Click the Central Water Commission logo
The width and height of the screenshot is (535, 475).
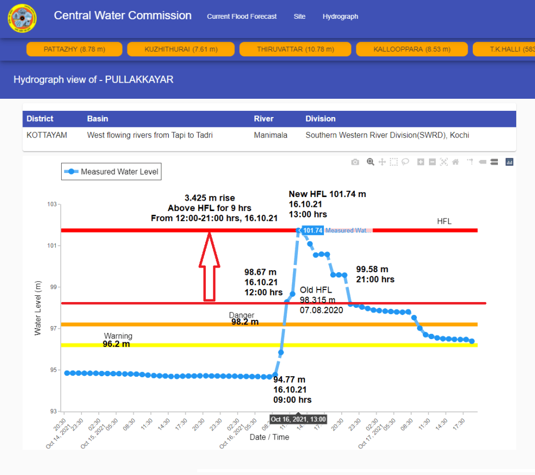22,18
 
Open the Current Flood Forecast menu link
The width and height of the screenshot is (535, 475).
242,17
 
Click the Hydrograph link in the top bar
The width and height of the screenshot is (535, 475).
340,17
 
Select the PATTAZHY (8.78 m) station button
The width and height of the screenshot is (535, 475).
74,49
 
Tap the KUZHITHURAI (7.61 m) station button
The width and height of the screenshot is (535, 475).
181,49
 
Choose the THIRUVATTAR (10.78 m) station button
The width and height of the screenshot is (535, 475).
295,49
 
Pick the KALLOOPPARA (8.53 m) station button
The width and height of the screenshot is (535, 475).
412,49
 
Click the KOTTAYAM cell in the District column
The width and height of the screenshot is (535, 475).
47,135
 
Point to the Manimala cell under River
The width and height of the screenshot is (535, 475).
271,135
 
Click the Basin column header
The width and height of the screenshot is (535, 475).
98,119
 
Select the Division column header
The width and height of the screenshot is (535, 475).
320,119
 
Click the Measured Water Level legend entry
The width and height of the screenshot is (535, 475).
111,171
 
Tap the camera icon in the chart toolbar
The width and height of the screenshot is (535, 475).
355,162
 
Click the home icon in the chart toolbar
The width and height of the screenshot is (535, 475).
456,162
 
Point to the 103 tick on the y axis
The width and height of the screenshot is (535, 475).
52,204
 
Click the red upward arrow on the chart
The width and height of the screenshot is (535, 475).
209,267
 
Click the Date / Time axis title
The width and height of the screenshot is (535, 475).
269,437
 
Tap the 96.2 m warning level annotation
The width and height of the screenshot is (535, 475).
116,344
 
